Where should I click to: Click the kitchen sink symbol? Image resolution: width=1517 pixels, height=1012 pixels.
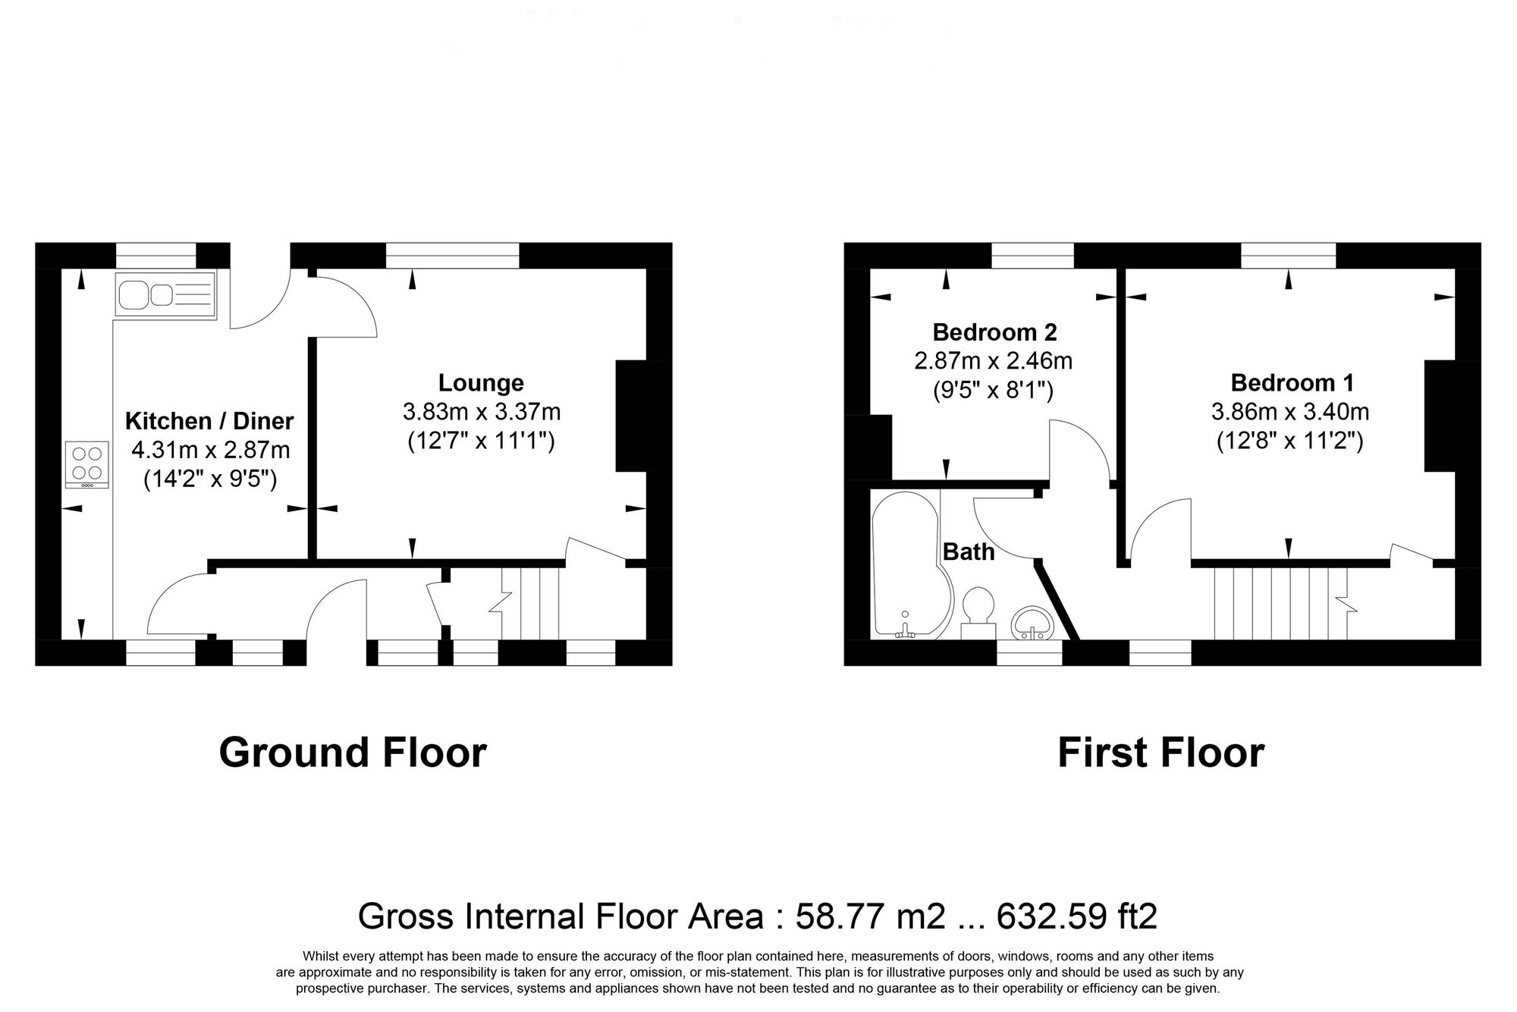pos(165,294)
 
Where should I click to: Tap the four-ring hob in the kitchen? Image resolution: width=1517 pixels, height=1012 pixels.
pos(86,465)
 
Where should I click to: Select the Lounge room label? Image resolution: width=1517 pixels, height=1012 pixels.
pos(481,382)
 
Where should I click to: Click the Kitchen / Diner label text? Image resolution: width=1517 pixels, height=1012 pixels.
pos(209,420)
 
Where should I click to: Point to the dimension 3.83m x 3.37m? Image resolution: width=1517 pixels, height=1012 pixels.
pos(481,412)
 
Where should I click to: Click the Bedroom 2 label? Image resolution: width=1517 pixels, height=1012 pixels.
pos(994,332)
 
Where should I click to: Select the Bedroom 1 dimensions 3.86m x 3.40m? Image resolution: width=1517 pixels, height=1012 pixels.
pos(1290,412)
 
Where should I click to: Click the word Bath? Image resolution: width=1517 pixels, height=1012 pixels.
pos(969,552)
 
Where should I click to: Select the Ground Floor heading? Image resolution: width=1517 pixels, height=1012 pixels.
pos(353,753)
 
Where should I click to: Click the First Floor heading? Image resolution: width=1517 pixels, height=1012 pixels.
pos(1161,753)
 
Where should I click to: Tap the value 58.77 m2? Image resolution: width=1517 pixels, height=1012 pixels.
pos(870,916)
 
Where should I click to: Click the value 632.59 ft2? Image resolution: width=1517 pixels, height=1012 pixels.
pos(1076,916)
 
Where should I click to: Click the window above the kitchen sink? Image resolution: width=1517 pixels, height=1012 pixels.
pos(155,256)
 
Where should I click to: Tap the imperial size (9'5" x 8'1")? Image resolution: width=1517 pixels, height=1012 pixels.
pos(993,390)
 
